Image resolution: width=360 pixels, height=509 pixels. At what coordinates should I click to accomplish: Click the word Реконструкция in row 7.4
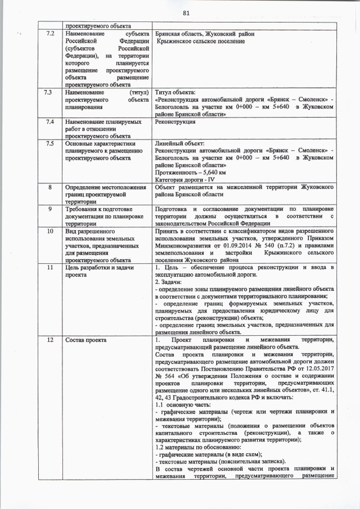pyautogui.click(x=175, y=121)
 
